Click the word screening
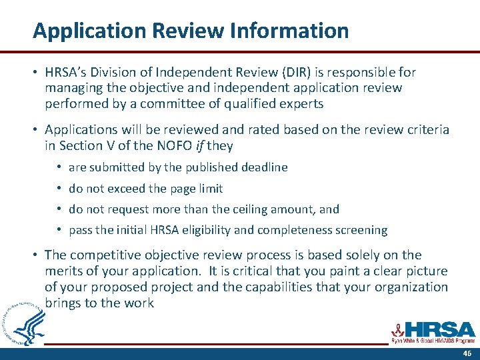tap(360, 230)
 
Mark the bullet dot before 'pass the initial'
tap(60, 230)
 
